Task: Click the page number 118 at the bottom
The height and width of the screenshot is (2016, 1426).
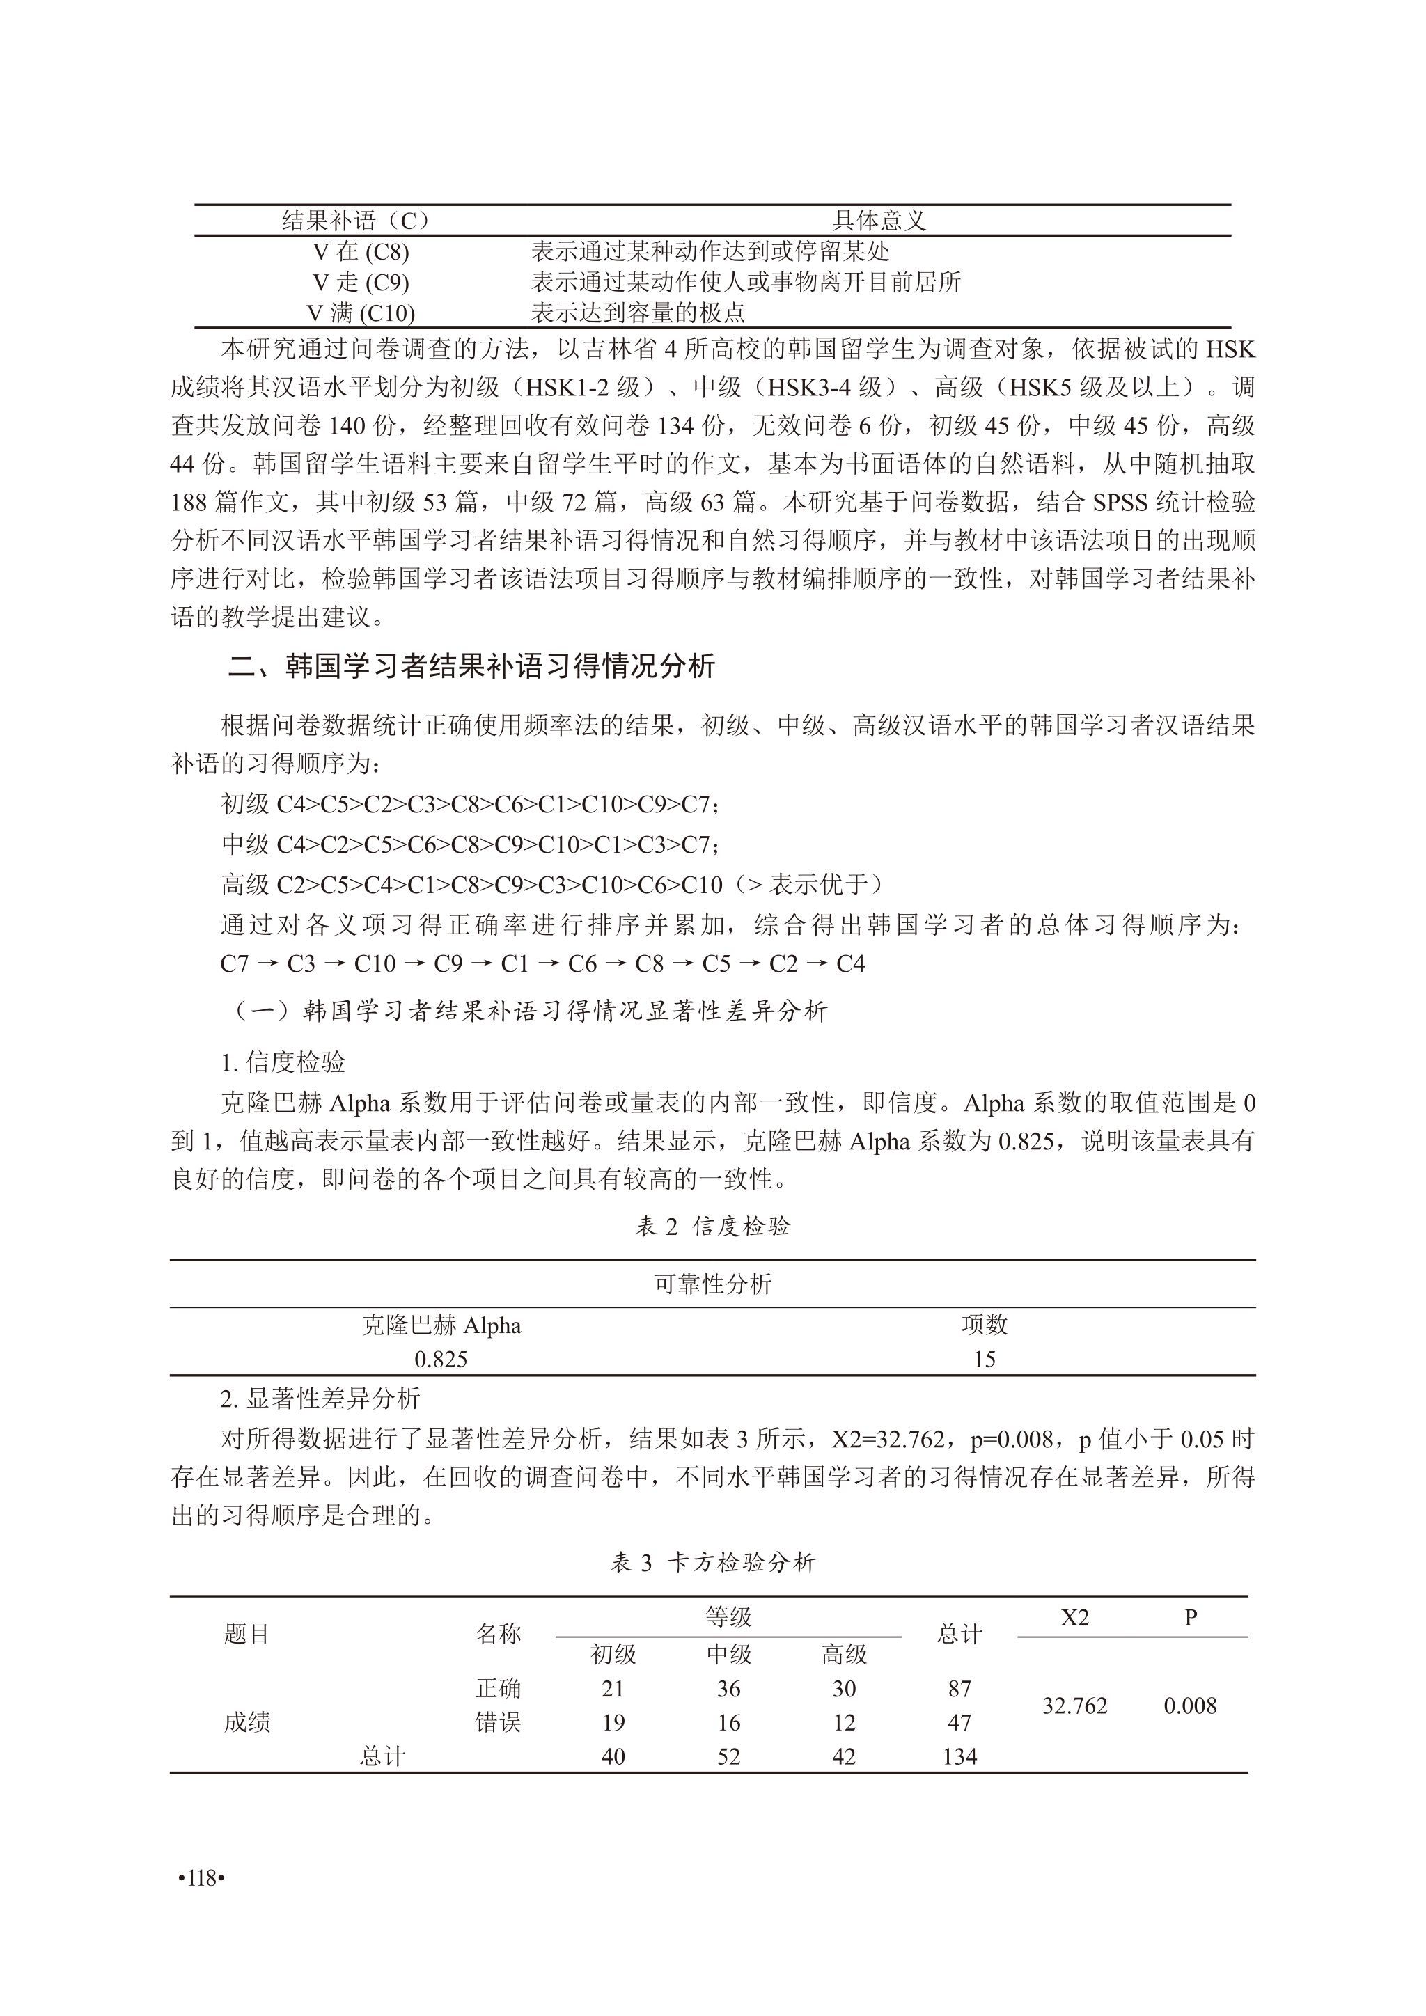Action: pyautogui.click(x=201, y=1877)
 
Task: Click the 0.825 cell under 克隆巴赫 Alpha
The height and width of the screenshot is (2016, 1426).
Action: pyautogui.click(x=441, y=1360)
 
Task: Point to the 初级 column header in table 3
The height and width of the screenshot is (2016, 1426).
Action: pyautogui.click(x=613, y=1654)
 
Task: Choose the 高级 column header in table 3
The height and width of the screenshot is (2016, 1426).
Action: pyautogui.click(x=844, y=1654)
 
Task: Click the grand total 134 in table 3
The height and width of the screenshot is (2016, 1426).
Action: pyautogui.click(x=959, y=1756)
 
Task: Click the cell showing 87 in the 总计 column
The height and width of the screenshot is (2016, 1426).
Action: pyautogui.click(x=959, y=1689)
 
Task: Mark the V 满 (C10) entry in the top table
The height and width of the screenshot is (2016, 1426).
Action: pyautogui.click(x=360, y=313)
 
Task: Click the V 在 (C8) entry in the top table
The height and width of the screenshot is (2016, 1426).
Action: pyautogui.click(x=360, y=252)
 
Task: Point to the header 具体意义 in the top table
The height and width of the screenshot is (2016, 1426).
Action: pyautogui.click(x=879, y=221)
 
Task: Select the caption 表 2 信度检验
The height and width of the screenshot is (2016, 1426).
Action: pyautogui.click(x=712, y=1226)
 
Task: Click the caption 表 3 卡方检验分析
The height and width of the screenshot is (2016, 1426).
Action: pyautogui.click(x=712, y=1562)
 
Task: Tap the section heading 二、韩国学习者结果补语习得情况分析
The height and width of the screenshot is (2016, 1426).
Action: pyautogui.click(x=471, y=666)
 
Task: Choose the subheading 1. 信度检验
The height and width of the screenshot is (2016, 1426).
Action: pyautogui.click(x=283, y=1062)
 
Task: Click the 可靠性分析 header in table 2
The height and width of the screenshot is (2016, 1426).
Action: pyautogui.click(x=712, y=1284)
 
